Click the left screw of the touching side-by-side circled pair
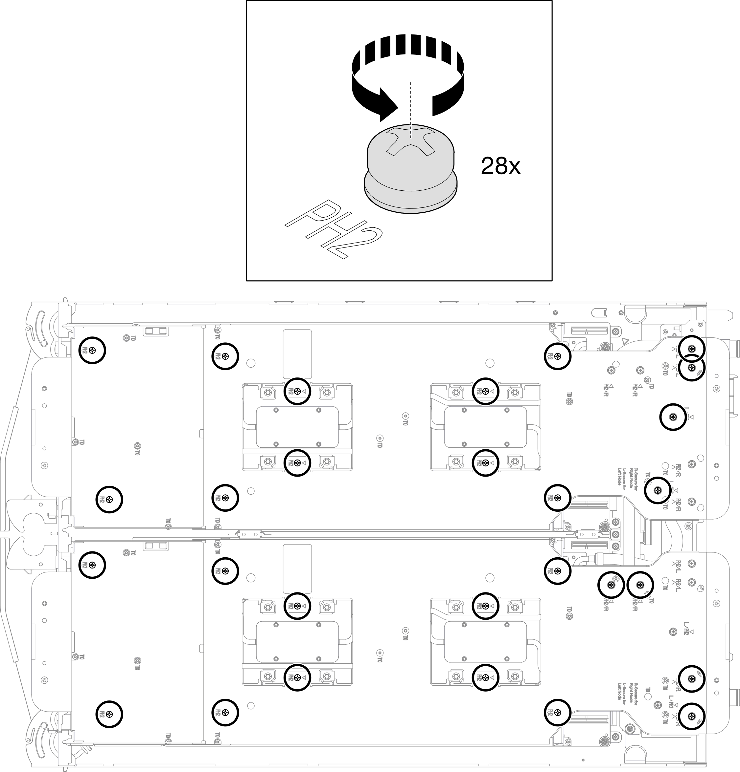click(x=611, y=585)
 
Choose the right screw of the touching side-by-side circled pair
click(x=640, y=585)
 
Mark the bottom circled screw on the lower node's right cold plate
click(x=485, y=677)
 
